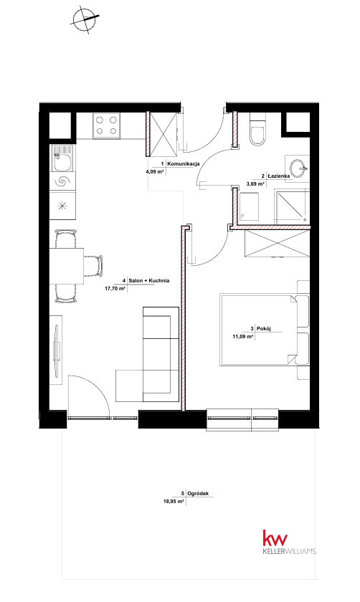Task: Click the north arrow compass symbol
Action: (85, 19)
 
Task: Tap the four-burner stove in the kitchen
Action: (106, 125)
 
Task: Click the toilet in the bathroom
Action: (257, 130)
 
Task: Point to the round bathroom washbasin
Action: (298, 168)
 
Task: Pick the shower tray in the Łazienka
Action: (292, 206)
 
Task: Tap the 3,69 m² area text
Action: (255, 183)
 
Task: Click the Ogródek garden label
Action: (198, 494)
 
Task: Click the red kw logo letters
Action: (275, 538)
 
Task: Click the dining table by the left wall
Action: (67, 266)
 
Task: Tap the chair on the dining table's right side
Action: (95, 266)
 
